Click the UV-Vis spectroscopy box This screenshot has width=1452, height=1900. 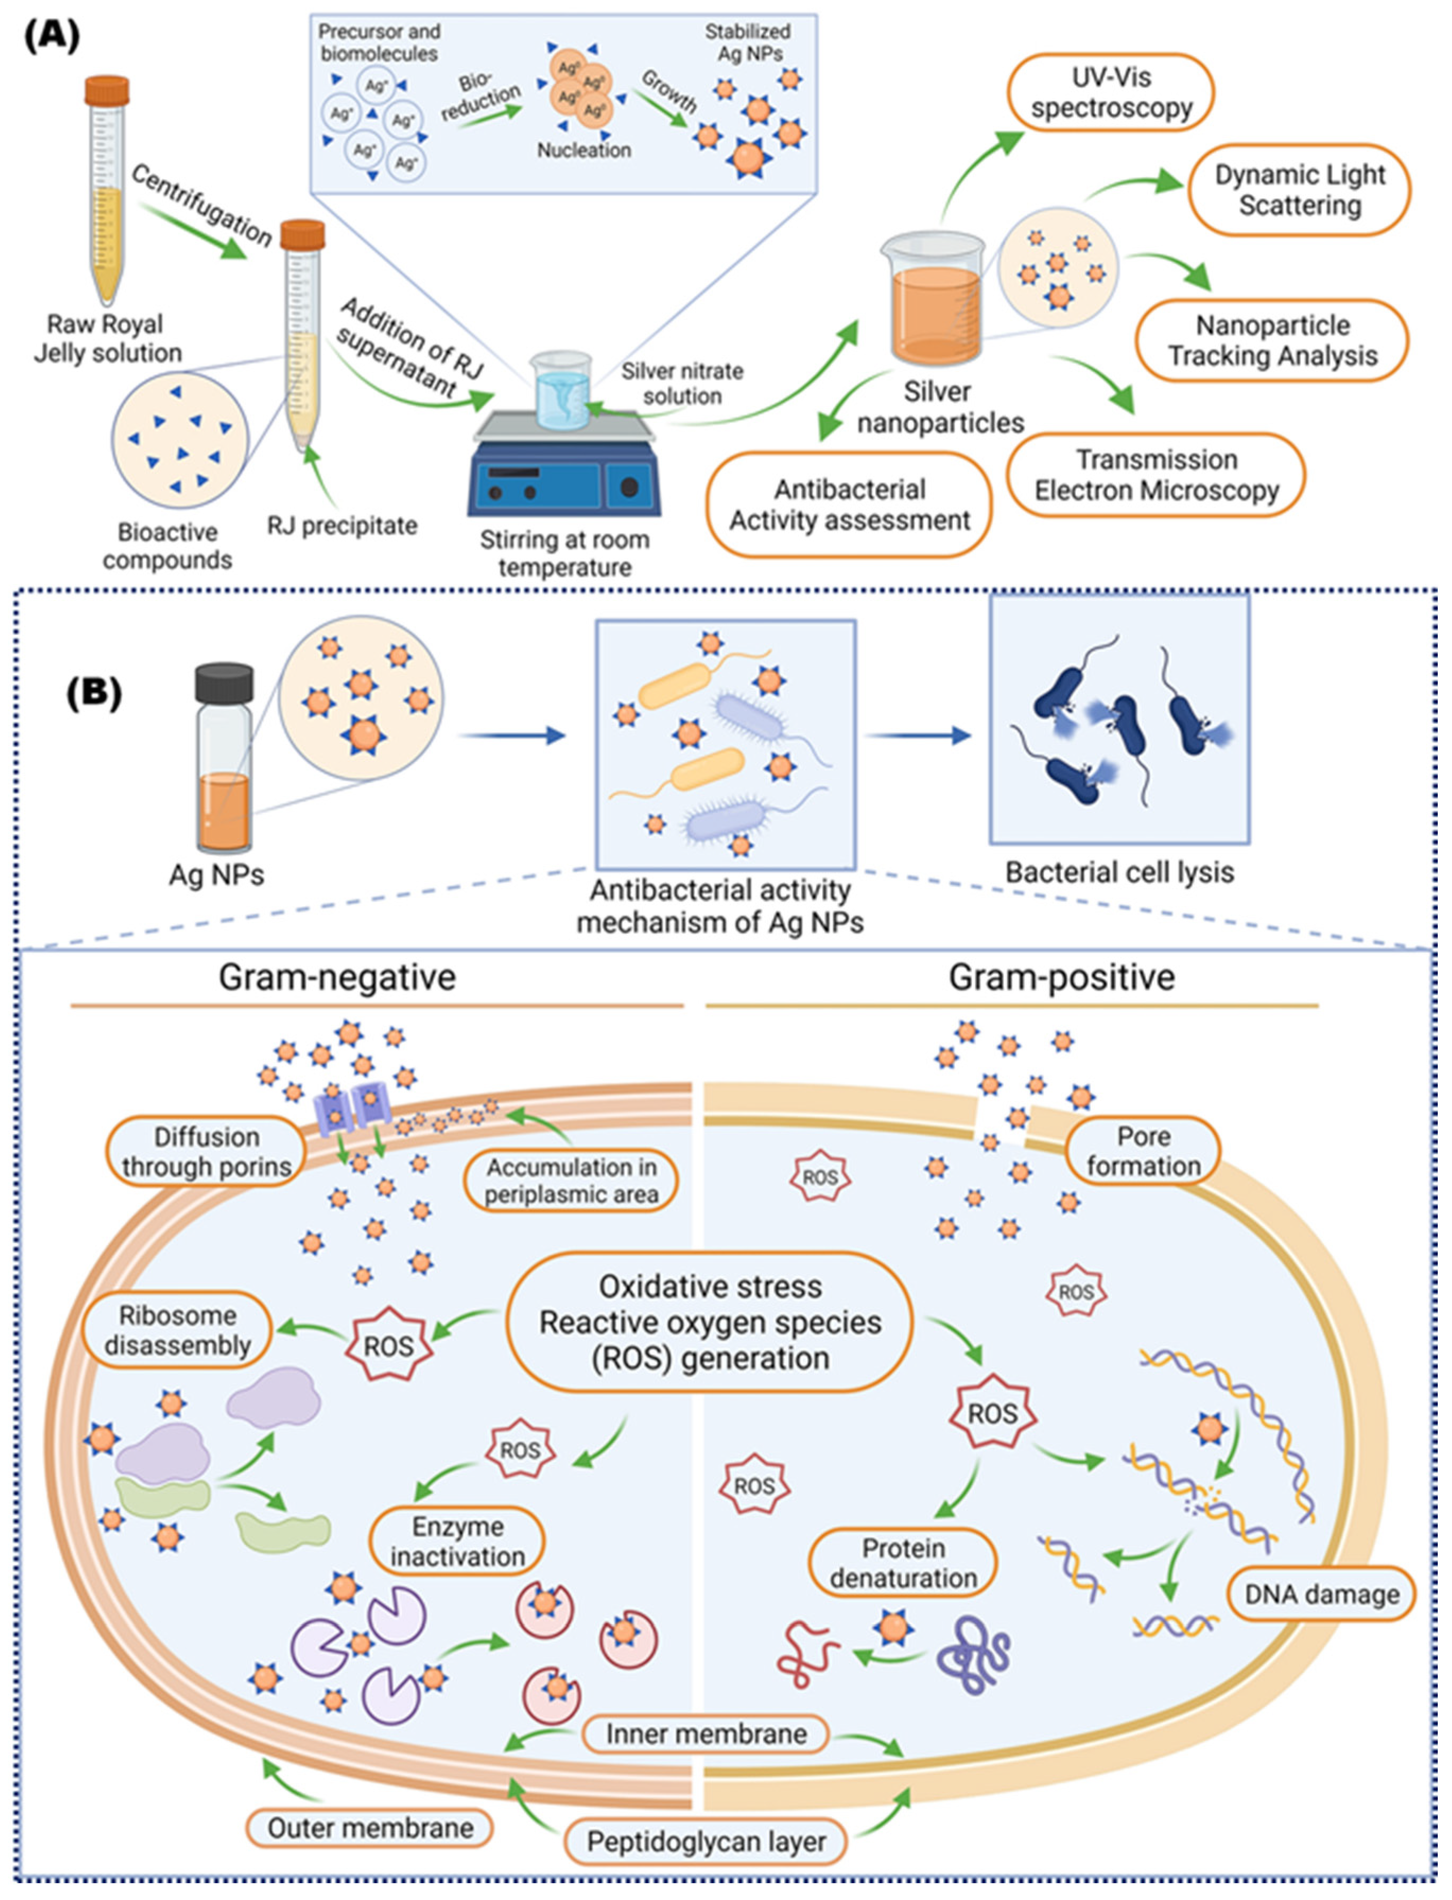tap(1110, 92)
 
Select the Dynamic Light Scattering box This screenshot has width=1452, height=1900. tap(1299, 190)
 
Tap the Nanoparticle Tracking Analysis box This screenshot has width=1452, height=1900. tap(1272, 340)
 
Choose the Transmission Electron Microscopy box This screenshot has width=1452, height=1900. tap(1157, 475)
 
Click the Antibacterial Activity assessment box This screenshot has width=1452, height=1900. tap(849, 505)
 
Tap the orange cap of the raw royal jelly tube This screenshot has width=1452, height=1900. tap(107, 90)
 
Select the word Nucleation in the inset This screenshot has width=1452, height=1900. tap(584, 151)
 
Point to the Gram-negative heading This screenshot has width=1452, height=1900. tap(337, 977)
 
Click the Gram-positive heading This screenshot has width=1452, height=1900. tap(1062, 977)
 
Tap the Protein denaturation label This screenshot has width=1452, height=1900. tap(903, 1563)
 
